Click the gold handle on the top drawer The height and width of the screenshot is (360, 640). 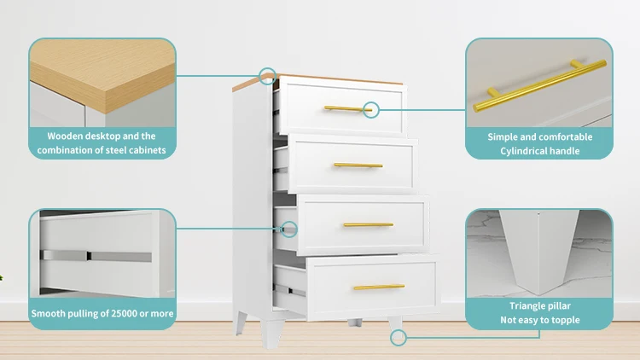(347, 108)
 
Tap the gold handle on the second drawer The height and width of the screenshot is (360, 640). (358, 165)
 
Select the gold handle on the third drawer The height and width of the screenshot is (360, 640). (368, 224)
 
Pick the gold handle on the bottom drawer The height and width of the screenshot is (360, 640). (378, 287)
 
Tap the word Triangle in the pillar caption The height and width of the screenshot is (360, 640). (520, 305)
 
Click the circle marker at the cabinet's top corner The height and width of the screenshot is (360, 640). (268, 75)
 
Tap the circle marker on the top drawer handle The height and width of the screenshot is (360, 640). (371, 108)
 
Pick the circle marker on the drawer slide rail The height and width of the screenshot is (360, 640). (289, 229)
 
